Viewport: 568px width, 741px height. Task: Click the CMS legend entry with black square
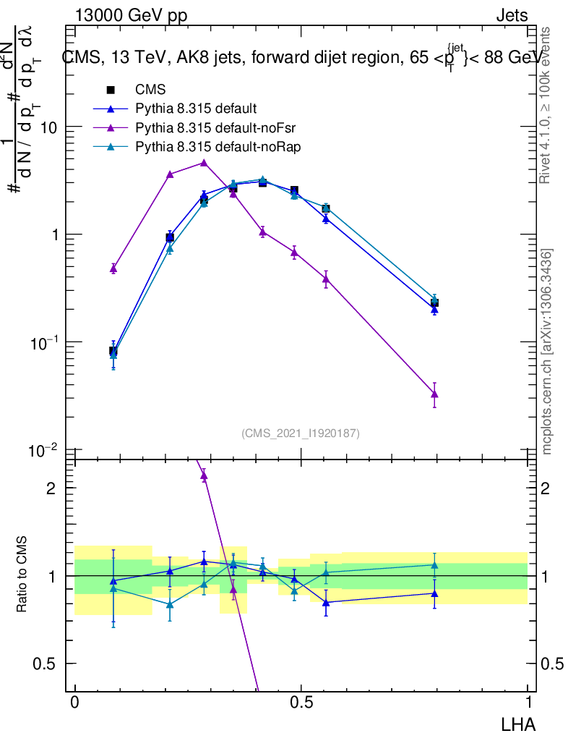click(x=150, y=90)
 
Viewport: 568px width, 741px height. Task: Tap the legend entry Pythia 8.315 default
click(x=196, y=109)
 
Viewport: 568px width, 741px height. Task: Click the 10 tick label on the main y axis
click(x=48, y=127)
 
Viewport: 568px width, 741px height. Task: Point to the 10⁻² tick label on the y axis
click(x=44, y=451)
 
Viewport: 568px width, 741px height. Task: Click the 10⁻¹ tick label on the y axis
click(x=44, y=342)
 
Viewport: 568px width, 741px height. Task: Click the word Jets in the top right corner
click(x=511, y=15)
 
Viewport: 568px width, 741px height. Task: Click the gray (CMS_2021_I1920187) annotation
click(x=301, y=433)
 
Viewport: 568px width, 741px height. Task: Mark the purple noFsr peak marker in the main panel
click(x=204, y=163)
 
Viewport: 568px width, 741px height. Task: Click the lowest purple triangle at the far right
click(x=434, y=394)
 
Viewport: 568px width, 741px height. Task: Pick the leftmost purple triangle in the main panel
click(x=113, y=268)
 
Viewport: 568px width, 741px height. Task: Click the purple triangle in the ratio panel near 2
click(x=204, y=475)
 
